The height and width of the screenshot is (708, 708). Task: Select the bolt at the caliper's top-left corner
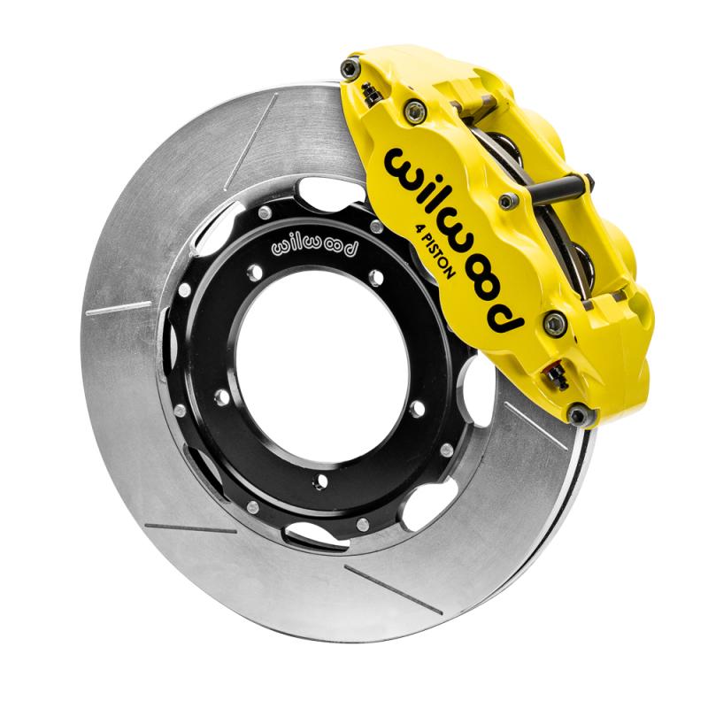coord(351,68)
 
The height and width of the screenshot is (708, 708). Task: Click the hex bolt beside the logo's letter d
coord(555,323)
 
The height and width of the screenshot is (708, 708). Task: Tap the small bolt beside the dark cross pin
coord(508,201)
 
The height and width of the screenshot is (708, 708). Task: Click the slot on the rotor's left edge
coord(119,308)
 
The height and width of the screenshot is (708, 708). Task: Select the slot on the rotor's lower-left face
coord(189,528)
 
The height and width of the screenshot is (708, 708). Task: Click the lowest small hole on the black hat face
coord(320,481)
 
